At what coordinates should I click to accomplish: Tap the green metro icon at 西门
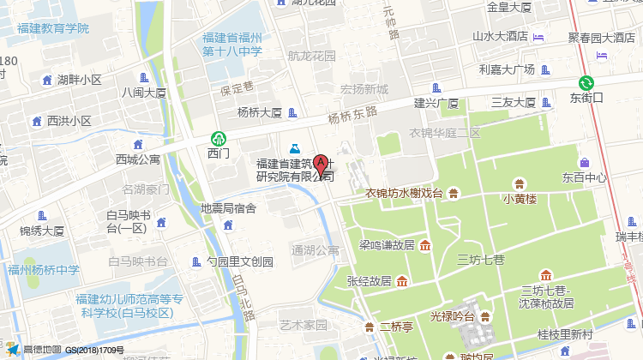pos(219,138)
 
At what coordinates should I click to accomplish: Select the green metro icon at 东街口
pos(586,83)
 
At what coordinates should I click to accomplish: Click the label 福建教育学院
pos(52,28)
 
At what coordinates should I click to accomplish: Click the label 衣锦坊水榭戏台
pos(407,193)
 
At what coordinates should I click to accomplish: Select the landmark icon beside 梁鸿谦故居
pos(425,246)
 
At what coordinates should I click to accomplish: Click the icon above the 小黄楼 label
pos(519,183)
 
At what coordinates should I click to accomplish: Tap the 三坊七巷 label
pos(481,258)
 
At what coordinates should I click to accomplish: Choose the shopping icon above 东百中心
pos(584,163)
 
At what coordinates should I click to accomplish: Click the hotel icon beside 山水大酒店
pos(538,37)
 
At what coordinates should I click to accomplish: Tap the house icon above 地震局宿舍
pos(228,225)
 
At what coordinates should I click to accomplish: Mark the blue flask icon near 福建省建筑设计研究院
pos(293,149)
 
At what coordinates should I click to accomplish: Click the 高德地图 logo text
pos(42,350)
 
